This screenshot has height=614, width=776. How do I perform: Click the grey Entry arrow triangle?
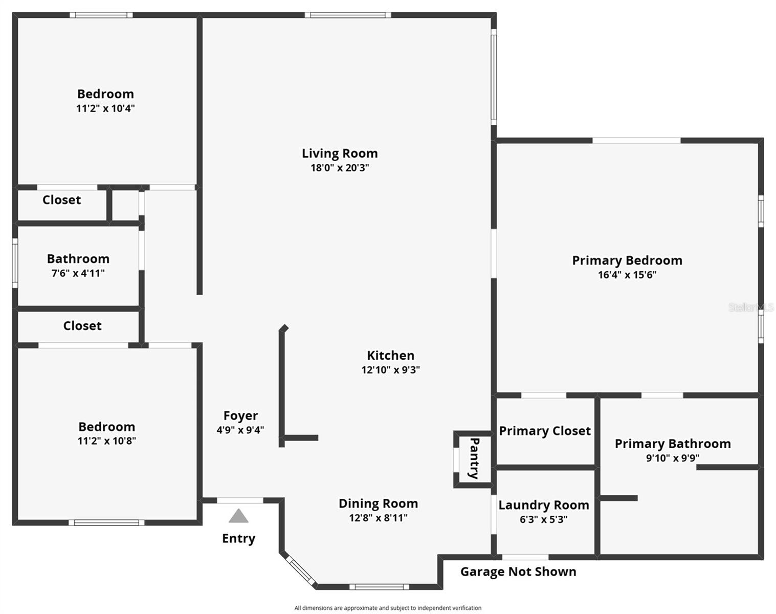point(238,516)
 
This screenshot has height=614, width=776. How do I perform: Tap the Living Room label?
point(340,153)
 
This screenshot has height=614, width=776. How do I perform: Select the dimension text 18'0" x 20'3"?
point(340,168)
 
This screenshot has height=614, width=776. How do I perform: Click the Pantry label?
point(474,458)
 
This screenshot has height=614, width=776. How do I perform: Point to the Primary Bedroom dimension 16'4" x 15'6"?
point(627,275)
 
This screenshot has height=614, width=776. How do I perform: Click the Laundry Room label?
point(543,505)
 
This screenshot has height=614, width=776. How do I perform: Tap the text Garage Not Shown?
point(518,572)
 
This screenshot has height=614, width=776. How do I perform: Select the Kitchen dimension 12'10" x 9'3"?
point(390,370)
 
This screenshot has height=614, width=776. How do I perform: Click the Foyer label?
point(240,415)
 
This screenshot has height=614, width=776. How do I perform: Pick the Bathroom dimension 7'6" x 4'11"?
point(78,273)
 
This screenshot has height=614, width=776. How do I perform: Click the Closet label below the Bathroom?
point(82,325)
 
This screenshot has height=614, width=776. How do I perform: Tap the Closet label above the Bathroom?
point(61,200)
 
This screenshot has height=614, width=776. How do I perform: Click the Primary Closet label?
point(545,431)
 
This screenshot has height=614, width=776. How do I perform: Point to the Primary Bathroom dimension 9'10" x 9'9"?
point(672,458)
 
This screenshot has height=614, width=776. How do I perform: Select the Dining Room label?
point(378,503)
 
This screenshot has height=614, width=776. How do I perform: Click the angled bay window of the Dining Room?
point(300,570)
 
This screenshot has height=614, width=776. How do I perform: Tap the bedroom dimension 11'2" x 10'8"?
point(106,441)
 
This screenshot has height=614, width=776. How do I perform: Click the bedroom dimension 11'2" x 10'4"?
point(105,108)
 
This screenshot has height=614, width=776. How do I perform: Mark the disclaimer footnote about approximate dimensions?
point(387,608)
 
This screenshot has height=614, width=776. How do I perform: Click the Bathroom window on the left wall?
point(15,263)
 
